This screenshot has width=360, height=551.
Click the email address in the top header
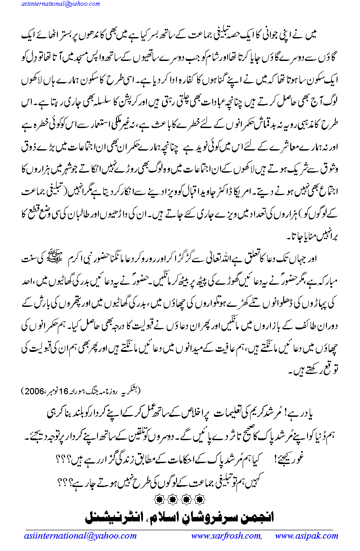54,4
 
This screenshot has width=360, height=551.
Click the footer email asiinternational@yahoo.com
80,536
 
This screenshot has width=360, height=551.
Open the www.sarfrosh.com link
226,536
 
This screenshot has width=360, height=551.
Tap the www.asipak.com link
307,536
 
